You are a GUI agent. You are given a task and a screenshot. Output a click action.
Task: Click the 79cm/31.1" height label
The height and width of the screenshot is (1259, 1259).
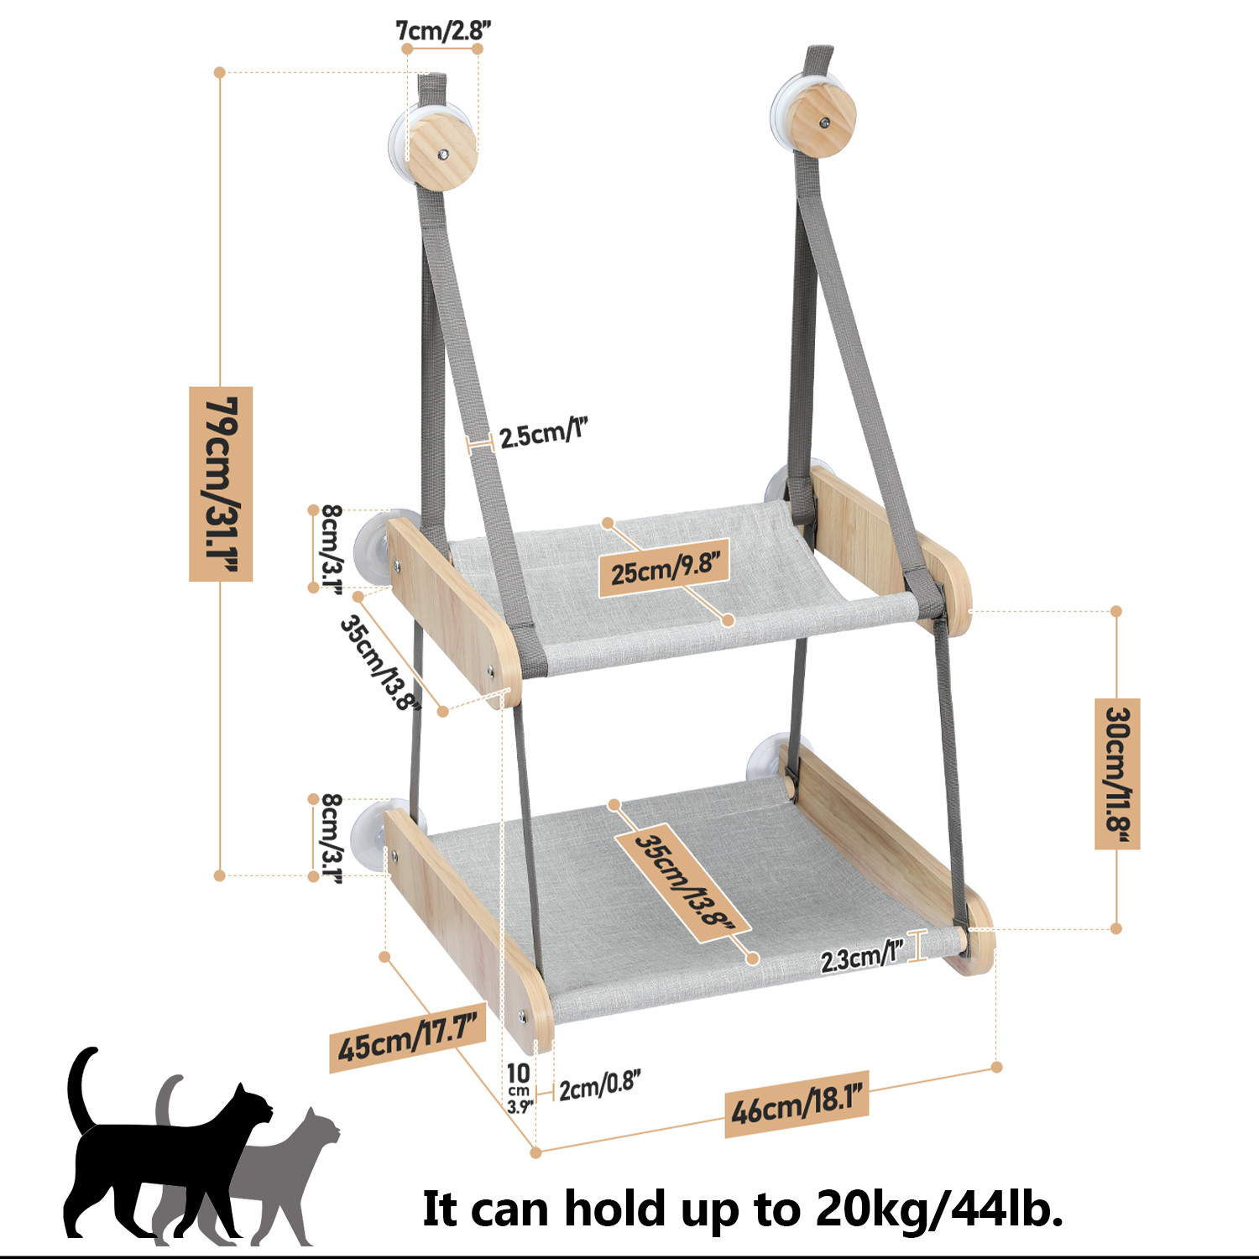coord(221,483)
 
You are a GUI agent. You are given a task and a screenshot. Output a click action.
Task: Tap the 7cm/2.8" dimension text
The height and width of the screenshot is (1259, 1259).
coord(443,31)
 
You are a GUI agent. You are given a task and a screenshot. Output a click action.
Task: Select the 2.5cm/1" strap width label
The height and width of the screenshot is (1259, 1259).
coord(543,433)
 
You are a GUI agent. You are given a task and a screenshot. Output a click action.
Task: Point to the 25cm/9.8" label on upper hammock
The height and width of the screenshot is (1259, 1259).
coord(664,569)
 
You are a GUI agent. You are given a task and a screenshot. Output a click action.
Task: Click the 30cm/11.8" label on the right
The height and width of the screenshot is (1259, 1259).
coord(1117,773)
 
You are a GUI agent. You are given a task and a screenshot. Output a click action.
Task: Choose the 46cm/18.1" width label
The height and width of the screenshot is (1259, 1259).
coord(797,1104)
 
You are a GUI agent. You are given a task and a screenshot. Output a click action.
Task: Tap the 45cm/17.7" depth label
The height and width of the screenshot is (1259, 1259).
coord(408,1038)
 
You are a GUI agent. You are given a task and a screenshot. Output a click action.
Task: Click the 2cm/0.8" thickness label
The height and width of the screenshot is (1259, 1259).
coord(600,1085)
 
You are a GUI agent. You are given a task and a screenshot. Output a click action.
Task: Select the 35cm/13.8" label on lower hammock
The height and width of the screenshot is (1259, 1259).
coord(682,881)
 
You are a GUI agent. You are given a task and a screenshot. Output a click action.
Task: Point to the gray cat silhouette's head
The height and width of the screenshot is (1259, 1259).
coord(320,1128)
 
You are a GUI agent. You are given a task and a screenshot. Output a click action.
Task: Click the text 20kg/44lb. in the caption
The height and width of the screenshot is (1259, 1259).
coord(939,1209)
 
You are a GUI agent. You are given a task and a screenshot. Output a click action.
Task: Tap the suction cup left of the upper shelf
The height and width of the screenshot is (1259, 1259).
coord(374,548)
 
